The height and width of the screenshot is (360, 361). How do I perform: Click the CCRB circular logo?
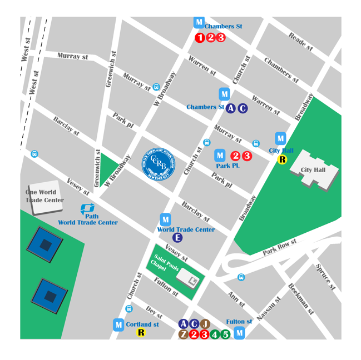coord(159,164)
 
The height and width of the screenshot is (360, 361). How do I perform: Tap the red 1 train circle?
coord(200,38)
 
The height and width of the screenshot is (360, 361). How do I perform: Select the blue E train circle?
coord(177,238)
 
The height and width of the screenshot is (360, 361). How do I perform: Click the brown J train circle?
coord(205,324)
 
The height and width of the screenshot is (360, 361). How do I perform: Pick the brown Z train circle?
coord(184,334)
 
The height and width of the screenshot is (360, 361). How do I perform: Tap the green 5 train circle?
coord(225,334)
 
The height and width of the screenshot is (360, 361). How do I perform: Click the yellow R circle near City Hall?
coord(283,160)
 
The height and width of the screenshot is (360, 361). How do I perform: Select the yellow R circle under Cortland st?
coord(141,333)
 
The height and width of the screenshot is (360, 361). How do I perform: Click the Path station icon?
coord(87,210)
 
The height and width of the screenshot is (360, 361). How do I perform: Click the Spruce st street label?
coord(325,277)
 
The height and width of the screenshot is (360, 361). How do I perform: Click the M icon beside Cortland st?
coord(118,324)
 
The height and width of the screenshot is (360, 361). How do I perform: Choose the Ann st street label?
coord(235,300)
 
